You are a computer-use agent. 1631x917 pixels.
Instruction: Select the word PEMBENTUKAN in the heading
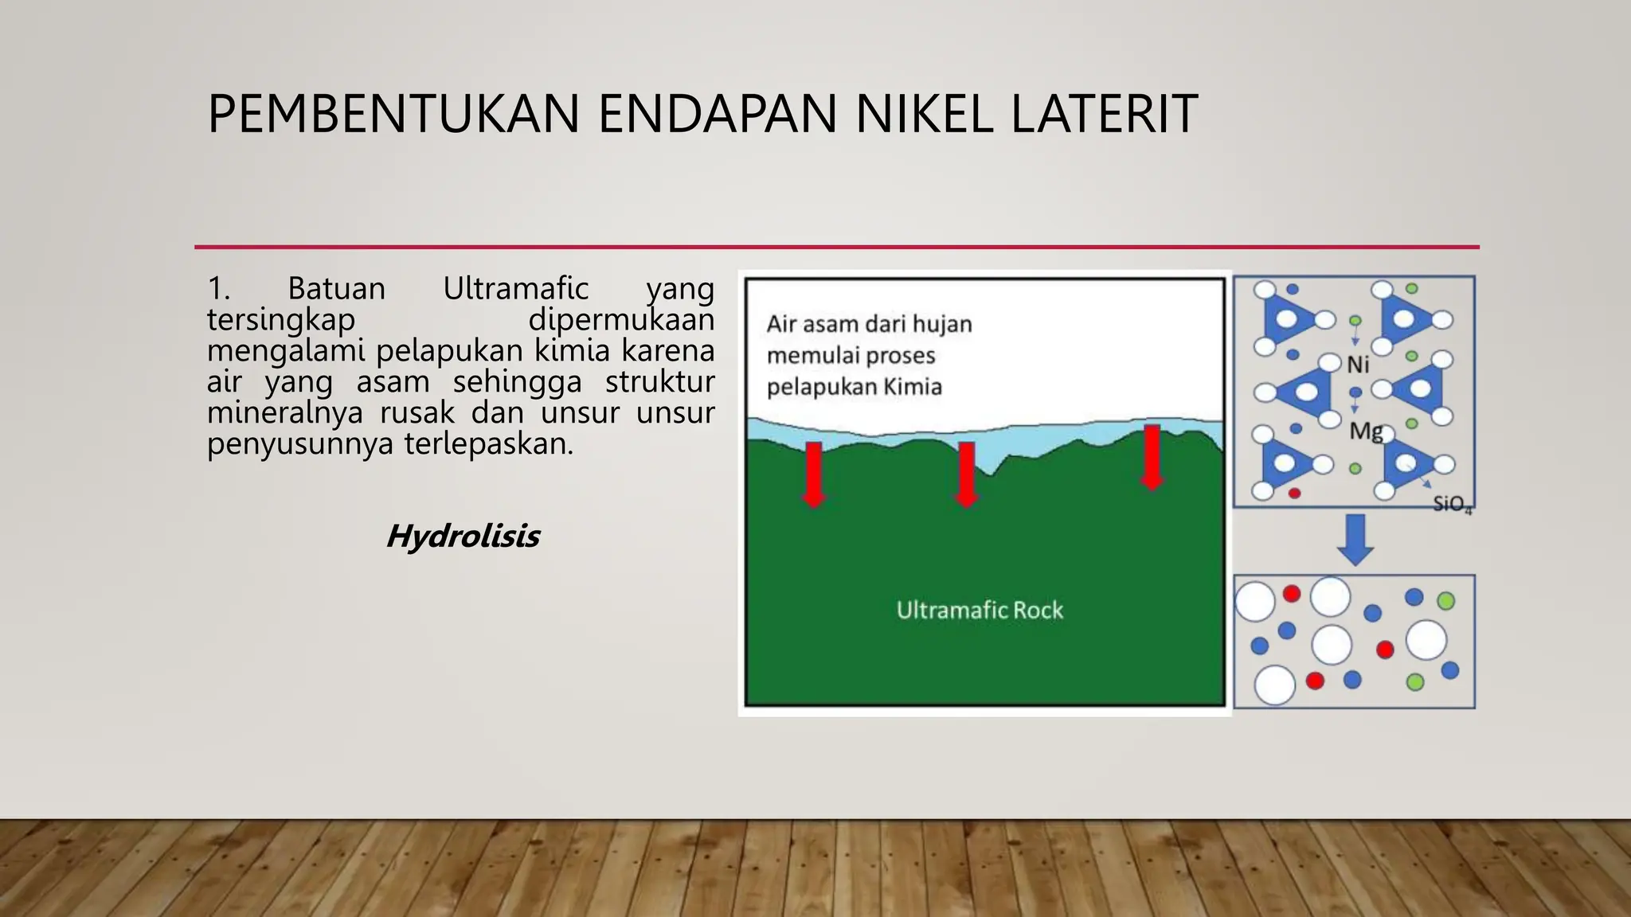[x=393, y=114]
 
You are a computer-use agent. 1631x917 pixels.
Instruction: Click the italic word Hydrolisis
[x=463, y=537]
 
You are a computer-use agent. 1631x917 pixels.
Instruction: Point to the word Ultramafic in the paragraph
[x=515, y=288]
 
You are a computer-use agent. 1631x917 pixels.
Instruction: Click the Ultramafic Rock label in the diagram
[x=980, y=611]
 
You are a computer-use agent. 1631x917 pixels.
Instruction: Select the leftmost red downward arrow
[x=813, y=474]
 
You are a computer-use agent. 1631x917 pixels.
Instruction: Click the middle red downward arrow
[x=966, y=474]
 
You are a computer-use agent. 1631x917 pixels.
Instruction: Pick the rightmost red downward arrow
[x=1152, y=457]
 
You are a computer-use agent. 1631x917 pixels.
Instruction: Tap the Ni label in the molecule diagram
[x=1358, y=365]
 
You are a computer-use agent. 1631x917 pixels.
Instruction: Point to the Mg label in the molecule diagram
[x=1365, y=431]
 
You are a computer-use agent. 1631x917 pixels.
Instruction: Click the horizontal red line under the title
[x=836, y=247]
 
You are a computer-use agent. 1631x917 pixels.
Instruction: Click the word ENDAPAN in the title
[x=718, y=114]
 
